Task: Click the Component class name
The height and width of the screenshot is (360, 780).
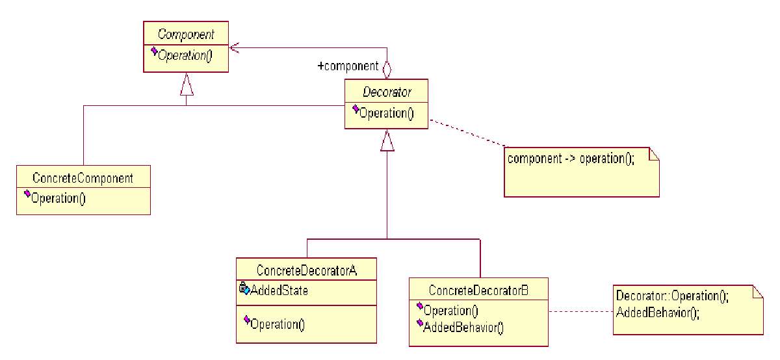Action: click(185, 34)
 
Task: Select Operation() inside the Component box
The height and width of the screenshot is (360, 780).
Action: click(185, 55)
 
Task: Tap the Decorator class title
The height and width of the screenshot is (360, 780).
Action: click(387, 92)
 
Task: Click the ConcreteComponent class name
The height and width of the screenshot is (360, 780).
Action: click(83, 178)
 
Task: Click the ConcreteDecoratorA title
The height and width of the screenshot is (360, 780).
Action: click(307, 270)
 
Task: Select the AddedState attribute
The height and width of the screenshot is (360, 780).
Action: click(279, 290)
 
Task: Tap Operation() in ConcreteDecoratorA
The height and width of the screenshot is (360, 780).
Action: click(277, 323)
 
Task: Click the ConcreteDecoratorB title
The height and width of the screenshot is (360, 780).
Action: click(479, 290)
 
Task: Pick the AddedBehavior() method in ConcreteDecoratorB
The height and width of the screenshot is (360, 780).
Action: click(463, 327)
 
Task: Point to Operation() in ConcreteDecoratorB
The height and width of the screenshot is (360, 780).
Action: click(450, 311)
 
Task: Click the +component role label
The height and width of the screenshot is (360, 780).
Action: click(348, 66)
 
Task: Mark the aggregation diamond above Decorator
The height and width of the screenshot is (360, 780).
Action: click(387, 68)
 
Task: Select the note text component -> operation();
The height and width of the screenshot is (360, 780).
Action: click(570, 159)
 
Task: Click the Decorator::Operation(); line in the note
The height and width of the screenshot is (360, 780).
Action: click(672, 296)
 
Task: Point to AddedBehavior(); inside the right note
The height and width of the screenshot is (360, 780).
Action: click(657, 312)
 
